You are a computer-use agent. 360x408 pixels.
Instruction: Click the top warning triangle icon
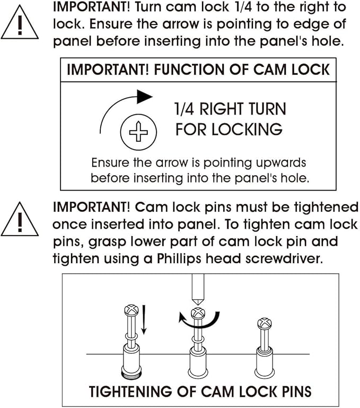coord(20,23)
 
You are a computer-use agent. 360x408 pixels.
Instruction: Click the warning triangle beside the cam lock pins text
coord(20,220)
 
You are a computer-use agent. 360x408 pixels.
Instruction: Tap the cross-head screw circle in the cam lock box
coord(138,132)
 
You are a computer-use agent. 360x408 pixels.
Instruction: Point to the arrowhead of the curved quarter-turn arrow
coord(144,97)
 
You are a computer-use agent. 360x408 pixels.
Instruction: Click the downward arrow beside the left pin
coord(144,320)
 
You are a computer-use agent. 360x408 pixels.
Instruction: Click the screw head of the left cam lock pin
coord(131,310)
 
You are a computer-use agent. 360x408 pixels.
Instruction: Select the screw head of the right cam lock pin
coord(264,324)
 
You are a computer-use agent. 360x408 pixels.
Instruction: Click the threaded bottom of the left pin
coord(131,374)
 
